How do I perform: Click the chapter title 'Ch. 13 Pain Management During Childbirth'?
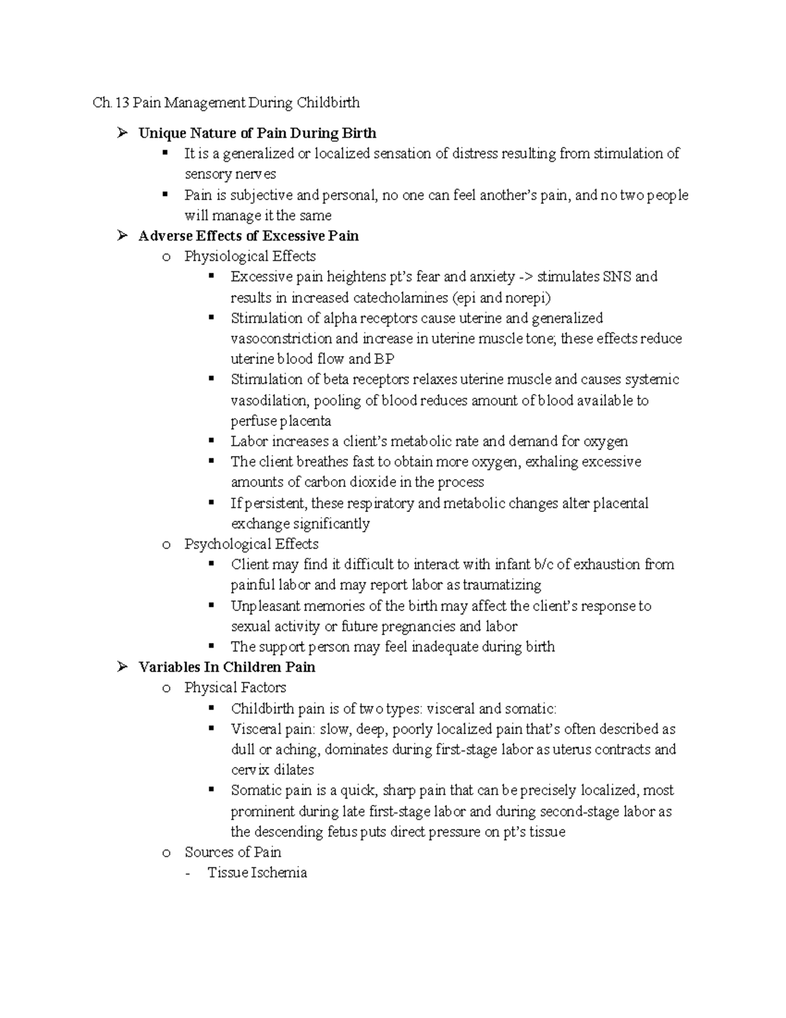226,103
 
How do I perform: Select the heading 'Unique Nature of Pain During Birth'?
257,134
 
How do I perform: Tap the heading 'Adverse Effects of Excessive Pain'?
248,236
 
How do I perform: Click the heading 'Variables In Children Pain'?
227,667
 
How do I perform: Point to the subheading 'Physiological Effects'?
250,256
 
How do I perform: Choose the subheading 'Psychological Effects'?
252,544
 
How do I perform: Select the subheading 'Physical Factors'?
235,688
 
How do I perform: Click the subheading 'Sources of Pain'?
233,852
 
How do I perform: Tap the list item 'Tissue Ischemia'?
257,872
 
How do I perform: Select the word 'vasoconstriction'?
281,339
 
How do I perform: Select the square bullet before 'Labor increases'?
212,441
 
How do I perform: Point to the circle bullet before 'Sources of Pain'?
166,853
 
